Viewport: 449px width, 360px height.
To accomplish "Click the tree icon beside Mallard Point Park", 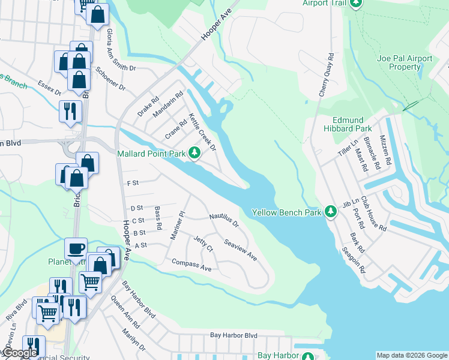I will tap(194, 154).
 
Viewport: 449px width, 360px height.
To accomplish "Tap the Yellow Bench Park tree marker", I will tap(330, 212).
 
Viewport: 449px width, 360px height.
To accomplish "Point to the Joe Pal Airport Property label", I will tap(405, 62).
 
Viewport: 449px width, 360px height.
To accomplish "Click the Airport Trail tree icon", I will tap(356, 4).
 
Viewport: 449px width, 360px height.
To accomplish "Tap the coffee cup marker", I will tap(76, 248).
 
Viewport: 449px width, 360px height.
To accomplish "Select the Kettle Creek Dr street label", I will tap(202, 131).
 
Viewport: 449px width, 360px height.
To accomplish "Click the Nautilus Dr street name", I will tap(224, 220).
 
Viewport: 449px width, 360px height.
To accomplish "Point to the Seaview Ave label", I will tap(241, 250).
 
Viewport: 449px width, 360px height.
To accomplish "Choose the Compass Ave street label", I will tap(191, 265).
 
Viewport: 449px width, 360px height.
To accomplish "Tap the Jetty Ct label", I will tap(203, 244).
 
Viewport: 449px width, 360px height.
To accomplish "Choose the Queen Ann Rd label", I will tap(130, 315).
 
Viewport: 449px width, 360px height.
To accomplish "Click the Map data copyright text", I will tap(411, 355).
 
